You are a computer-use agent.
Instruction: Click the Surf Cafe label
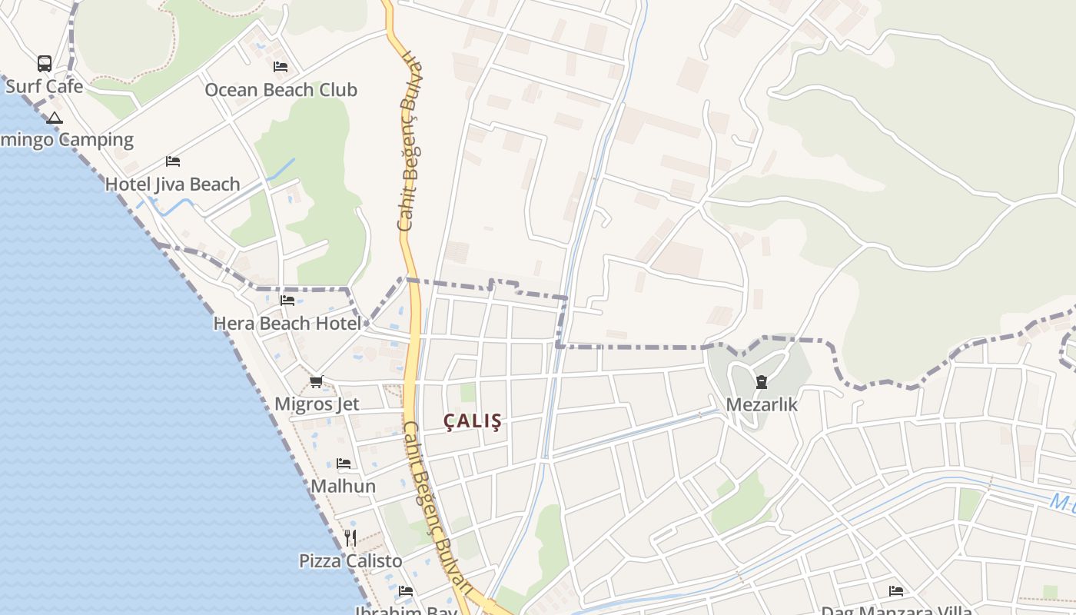(x=44, y=86)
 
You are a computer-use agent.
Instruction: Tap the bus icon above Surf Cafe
(x=45, y=63)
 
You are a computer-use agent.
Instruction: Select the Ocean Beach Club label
(x=281, y=90)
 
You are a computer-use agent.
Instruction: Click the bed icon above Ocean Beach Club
(x=281, y=67)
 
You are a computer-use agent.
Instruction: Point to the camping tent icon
(x=54, y=118)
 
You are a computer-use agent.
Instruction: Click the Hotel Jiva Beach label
(x=172, y=184)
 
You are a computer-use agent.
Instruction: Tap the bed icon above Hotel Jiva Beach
(x=173, y=161)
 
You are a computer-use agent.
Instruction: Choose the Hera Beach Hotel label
(x=287, y=324)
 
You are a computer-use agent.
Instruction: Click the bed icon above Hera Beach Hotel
(x=287, y=300)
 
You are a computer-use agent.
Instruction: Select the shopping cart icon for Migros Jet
(x=317, y=381)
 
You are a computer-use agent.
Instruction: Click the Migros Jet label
(x=317, y=404)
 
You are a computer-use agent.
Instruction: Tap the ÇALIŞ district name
(x=473, y=421)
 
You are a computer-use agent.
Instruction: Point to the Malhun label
(x=343, y=487)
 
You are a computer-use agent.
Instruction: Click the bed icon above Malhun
(x=344, y=464)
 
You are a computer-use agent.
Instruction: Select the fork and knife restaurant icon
(x=350, y=537)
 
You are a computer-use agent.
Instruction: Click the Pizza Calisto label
(x=350, y=561)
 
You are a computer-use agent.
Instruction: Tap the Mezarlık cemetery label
(x=762, y=405)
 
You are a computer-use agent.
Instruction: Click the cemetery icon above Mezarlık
(x=762, y=382)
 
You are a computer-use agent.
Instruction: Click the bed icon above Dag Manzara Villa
(x=896, y=590)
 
